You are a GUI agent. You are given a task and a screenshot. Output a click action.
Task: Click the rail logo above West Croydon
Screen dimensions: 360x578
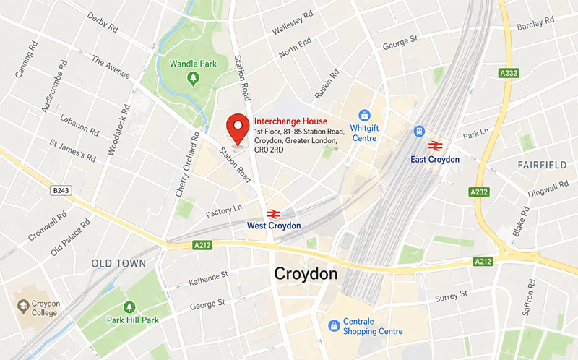[x=273, y=213]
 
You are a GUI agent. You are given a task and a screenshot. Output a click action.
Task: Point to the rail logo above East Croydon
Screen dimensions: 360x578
[x=435, y=145]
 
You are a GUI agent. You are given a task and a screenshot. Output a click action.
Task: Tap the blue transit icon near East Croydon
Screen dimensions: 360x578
[x=418, y=131]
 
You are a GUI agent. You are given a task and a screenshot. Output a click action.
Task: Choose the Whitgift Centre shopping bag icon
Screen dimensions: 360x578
[x=365, y=116]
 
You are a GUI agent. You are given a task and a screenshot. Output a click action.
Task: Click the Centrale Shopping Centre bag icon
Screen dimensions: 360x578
[x=333, y=325]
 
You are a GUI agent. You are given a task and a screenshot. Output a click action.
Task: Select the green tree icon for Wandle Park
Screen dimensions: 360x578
[x=193, y=77]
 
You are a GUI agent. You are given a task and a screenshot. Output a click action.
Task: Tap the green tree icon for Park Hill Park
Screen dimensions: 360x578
[x=129, y=307]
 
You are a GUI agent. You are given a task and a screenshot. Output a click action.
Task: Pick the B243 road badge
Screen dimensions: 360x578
[x=63, y=191]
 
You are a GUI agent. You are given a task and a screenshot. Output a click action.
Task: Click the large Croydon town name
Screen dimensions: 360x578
[x=306, y=274]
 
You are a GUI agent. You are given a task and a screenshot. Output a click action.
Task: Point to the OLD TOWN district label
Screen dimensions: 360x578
[x=118, y=264]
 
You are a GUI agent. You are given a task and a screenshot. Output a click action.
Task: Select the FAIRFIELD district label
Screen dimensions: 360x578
[x=542, y=166]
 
